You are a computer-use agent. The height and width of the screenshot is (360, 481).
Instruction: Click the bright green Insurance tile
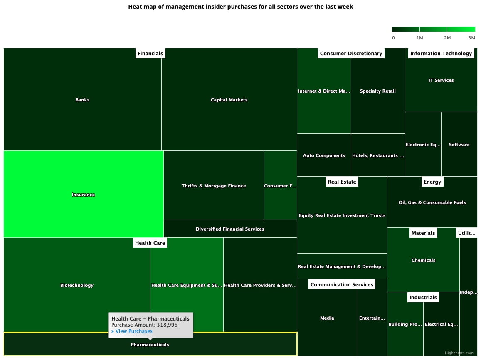point(83,194)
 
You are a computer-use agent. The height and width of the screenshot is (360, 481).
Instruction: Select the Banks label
point(82,100)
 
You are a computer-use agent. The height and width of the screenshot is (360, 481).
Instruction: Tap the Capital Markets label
point(229,100)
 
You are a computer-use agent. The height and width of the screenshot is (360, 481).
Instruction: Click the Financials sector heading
point(150,53)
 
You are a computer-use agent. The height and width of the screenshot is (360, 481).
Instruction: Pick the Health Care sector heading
point(150,243)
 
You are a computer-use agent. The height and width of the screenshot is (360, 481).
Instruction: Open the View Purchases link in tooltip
point(132,331)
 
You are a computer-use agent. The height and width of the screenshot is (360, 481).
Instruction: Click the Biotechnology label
point(77,285)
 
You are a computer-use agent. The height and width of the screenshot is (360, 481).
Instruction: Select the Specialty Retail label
point(378,91)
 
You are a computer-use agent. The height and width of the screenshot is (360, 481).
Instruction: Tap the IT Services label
point(441,80)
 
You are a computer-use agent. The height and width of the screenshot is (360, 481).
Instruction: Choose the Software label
point(459,145)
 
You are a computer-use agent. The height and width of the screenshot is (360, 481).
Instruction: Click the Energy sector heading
point(432,182)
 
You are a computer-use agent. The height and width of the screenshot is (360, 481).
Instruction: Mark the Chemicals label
point(423,260)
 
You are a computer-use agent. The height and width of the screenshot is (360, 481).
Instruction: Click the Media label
point(327,318)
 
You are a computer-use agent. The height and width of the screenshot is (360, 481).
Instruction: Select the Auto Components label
point(324,155)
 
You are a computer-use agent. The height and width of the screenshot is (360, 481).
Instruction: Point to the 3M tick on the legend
point(471,38)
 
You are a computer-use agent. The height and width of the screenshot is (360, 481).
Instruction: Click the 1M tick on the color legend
point(419,38)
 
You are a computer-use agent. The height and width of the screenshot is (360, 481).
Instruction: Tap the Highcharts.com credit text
point(459,353)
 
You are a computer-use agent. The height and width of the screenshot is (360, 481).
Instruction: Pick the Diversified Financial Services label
point(230,229)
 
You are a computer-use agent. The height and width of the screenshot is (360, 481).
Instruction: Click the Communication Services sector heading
point(342,284)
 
